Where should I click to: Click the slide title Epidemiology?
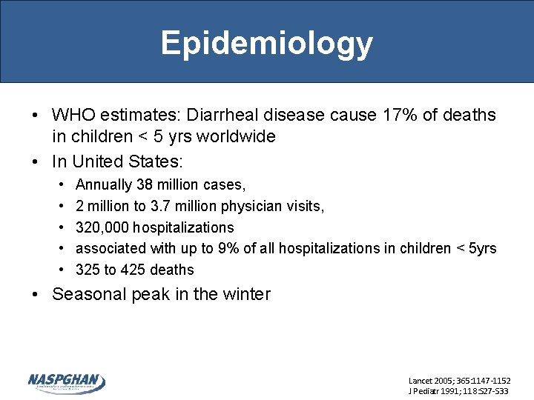pyautogui.click(x=266, y=43)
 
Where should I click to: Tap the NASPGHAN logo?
pyautogui.click(x=67, y=382)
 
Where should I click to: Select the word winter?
pyautogui.click(x=248, y=294)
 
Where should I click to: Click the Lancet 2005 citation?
pyautogui.click(x=459, y=380)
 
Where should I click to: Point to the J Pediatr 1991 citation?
pyautogui.click(x=459, y=390)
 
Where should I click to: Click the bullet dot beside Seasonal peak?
pyautogui.click(x=36, y=294)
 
